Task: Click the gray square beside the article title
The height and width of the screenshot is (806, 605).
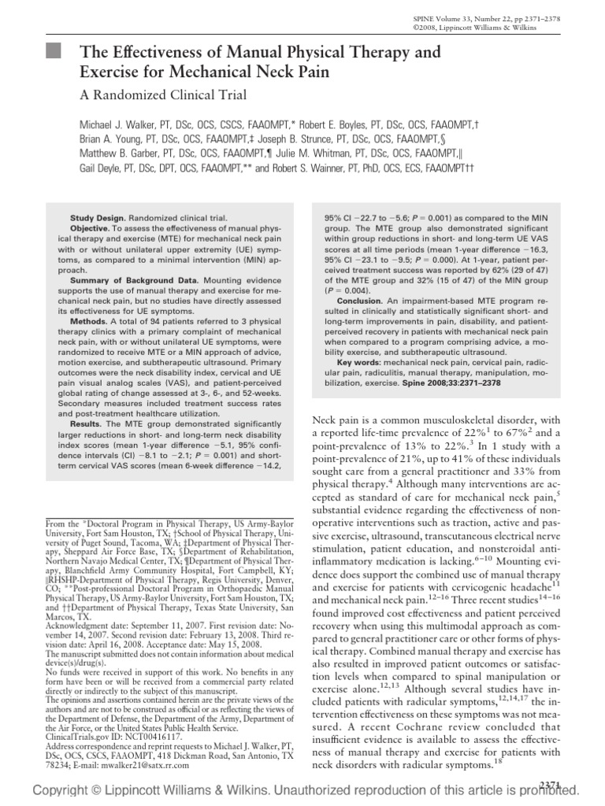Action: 53,53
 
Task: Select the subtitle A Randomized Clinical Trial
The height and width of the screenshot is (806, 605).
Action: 164,96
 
